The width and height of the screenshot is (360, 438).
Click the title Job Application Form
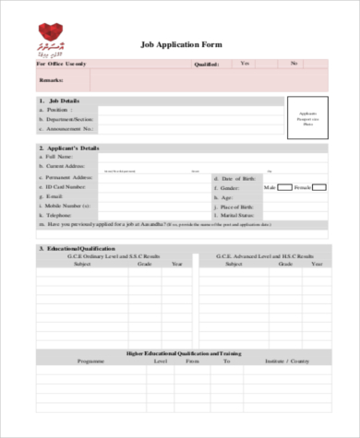(180, 44)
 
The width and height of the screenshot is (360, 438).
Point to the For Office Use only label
(62, 64)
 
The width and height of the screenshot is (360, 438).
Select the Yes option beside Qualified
(245, 63)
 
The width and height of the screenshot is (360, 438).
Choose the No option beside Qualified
(294, 63)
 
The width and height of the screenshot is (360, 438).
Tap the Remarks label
(53, 81)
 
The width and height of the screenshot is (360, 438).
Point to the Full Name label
(59, 157)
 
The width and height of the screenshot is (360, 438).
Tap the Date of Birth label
(237, 177)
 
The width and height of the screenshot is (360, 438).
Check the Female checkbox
(318, 187)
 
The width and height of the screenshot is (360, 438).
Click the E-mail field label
(55, 196)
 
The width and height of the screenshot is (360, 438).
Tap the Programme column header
(92, 361)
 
